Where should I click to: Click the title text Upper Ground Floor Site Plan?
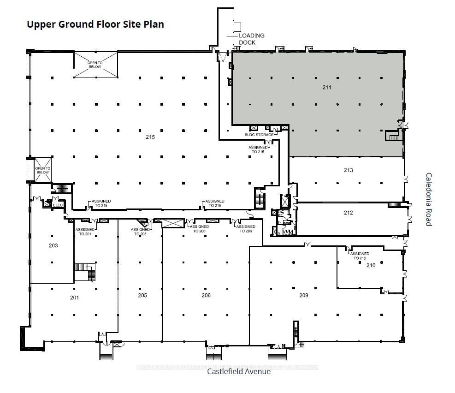pyautogui.click(x=95, y=24)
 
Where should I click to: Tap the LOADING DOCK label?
pyautogui.click(x=251, y=39)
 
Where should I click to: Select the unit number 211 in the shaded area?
pyautogui.click(x=327, y=87)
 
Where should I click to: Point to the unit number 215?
pyautogui.click(x=150, y=137)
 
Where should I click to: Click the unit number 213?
pyautogui.click(x=348, y=170)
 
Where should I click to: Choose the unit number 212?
pyautogui.click(x=348, y=213)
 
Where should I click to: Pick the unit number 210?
pyautogui.click(x=371, y=265)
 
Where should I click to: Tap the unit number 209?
pyautogui.click(x=303, y=295)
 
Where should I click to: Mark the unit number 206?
pyautogui.click(x=206, y=295)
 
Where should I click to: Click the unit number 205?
pyautogui.click(x=142, y=295)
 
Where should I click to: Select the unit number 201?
pyautogui.click(x=74, y=298)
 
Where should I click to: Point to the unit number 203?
pyautogui.click(x=53, y=245)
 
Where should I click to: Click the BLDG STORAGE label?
pyautogui.click(x=259, y=135)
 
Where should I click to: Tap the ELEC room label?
pyautogui.click(x=58, y=205)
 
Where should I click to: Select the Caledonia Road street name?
pyautogui.click(x=428, y=199)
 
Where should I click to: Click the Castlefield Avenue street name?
pyautogui.click(x=239, y=371)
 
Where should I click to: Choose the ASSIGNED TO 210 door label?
pyautogui.click(x=360, y=256)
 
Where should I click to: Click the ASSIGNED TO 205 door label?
pyautogui.click(x=140, y=232)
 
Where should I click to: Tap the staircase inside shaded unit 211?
pyautogui.click(x=393, y=137)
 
